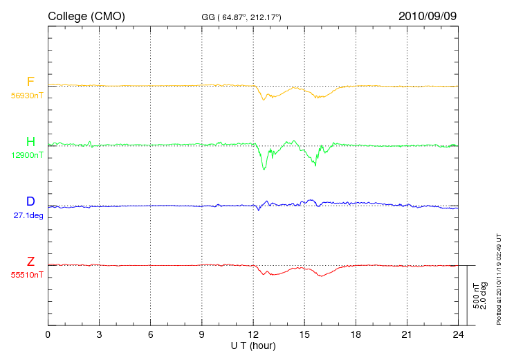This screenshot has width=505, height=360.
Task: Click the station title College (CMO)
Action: [x=86, y=17]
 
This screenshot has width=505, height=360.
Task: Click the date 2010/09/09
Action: [x=428, y=16]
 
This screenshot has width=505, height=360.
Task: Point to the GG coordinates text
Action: [x=241, y=17]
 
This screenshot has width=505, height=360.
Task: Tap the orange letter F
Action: [x=30, y=82]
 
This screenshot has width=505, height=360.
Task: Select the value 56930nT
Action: [x=27, y=96]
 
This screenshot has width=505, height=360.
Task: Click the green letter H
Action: [x=30, y=141]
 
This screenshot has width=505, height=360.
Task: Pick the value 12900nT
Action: [x=27, y=155]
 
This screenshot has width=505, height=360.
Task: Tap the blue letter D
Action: [x=30, y=201]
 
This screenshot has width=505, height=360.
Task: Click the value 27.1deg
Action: [x=28, y=215]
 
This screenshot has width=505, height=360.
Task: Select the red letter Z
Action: [x=30, y=261]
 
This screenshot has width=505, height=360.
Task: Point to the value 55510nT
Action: [x=27, y=275]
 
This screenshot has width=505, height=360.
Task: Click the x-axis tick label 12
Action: [x=253, y=335]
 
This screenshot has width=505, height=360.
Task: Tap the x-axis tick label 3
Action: [x=99, y=335]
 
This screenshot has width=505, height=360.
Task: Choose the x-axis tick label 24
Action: [x=458, y=335]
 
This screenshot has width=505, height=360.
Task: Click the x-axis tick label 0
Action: [x=48, y=335]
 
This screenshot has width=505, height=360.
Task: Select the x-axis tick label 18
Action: [x=356, y=335]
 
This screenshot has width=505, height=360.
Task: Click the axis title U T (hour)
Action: [x=253, y=346]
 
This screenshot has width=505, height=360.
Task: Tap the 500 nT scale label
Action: [x=476, y=296]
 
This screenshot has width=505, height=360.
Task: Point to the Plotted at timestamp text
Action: [x=499, y=279]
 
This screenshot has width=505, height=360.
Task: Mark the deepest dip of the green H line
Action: [x=264, y=169]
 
